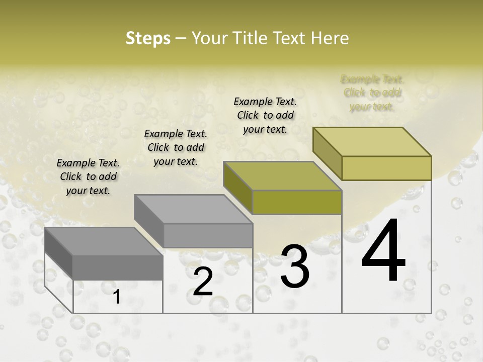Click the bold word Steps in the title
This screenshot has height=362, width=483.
click(x=147, y=38)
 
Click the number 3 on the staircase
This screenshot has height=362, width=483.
click(x=294, y=266)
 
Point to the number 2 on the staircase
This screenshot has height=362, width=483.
click(x=203, y=282)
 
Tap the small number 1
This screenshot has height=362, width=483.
click(x=116, y=297)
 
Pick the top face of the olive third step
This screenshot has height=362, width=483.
click(x=282, y=176)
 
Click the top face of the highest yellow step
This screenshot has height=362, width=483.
click(x=372, y=142)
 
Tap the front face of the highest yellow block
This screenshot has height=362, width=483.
click(x=386, y=168)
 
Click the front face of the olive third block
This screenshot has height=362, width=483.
click(x=297, y=202)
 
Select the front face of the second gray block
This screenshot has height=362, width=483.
click(x=208, y=235)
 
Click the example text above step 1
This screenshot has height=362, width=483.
click(x=89, y=176)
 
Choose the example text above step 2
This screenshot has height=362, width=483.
click(x=176, y=147)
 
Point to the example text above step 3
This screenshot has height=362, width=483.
click(x=265, y=115)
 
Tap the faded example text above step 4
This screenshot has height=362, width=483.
click(x=372, y=93)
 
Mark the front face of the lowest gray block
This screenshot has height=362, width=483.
click(x=118, y=267)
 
